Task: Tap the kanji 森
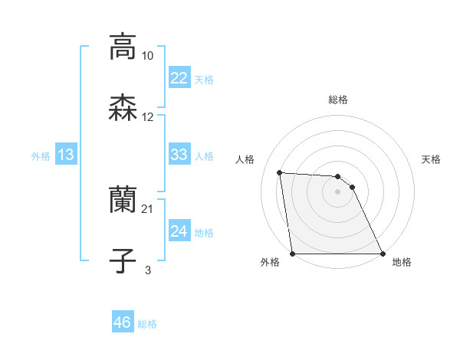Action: [122, 107]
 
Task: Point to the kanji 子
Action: [122, 260]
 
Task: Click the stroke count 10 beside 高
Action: [148, 56]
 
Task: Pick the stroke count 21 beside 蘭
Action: [148, 209]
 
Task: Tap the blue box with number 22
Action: [179, 78]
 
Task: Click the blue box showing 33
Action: [179, 155]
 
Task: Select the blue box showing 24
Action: [179, 231]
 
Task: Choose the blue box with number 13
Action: [66, 155]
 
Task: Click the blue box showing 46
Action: [122, 322]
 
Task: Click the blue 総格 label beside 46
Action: [147, 324]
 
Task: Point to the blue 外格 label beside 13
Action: [41, 156]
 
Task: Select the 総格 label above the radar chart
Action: [338, 100]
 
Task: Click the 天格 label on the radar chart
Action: [431, 159]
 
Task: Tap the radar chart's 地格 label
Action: [402, 263]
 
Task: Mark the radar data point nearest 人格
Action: [280, 173]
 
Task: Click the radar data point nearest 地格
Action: [382, 254]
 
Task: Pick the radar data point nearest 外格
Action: [293, 254]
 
